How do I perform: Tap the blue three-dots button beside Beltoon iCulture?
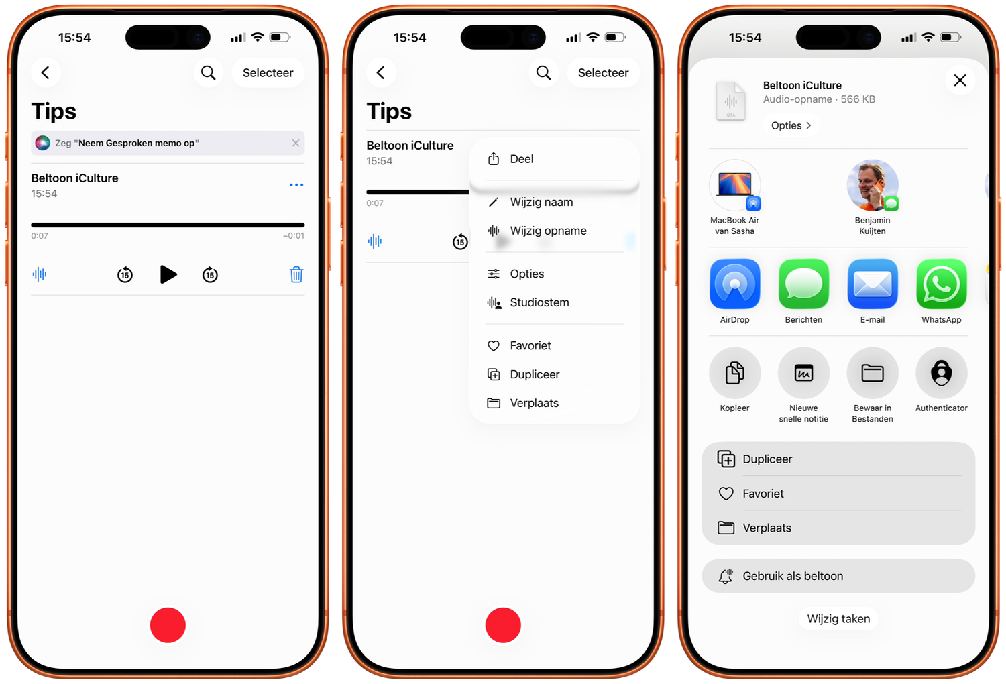click(x=296, y=184)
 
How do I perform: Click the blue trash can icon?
click(x=296, y=274)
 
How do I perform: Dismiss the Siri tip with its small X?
click(x=296, y=143)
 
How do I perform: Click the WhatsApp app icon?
click(x=942, y=284)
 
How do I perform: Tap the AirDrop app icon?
click(x=735, y=284)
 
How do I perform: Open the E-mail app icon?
click(x=873, y=284)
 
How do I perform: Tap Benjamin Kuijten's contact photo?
click(x=872, y=185)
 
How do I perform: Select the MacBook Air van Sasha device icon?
click(x=735, y=185)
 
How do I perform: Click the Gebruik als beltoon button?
click(x=838, y=576)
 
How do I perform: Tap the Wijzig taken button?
click(x=838, y=618)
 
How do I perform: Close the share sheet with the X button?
click(x=960, y=80)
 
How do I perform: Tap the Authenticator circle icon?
click(x=942, y=373)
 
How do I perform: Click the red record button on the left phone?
click(x=168, y=625)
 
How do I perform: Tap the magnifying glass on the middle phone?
click(x=543, y=72)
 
